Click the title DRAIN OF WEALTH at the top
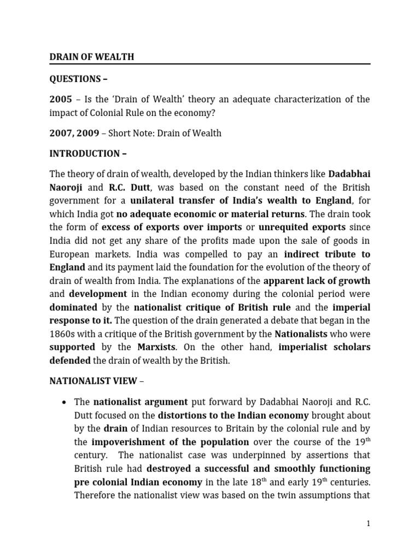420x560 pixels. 92,57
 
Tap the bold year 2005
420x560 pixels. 61,100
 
